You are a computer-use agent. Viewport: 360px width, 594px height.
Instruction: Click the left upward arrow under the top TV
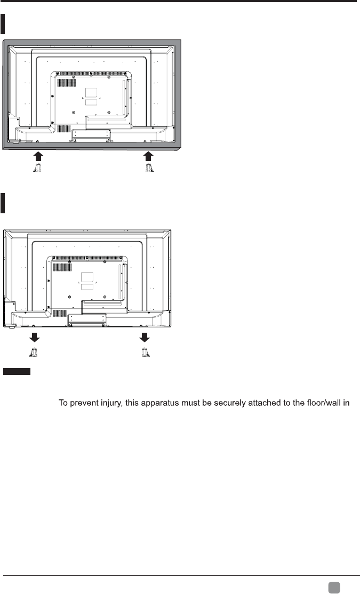37,156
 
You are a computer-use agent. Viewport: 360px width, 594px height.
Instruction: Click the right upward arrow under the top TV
149,156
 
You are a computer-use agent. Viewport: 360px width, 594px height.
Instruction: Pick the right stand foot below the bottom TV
143,351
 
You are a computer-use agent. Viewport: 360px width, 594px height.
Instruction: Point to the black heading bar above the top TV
4,25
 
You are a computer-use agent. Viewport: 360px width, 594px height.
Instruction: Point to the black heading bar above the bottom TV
3,203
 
